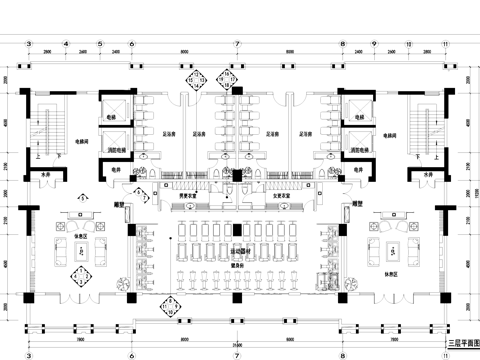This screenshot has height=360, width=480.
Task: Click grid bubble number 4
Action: pyautogui.click(x=65, y=45)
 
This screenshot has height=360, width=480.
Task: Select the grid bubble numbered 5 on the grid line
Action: pyautogui.click(x=99, y=45)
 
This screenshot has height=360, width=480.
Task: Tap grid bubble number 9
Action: pyautogui.click(x=372, y=45)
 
